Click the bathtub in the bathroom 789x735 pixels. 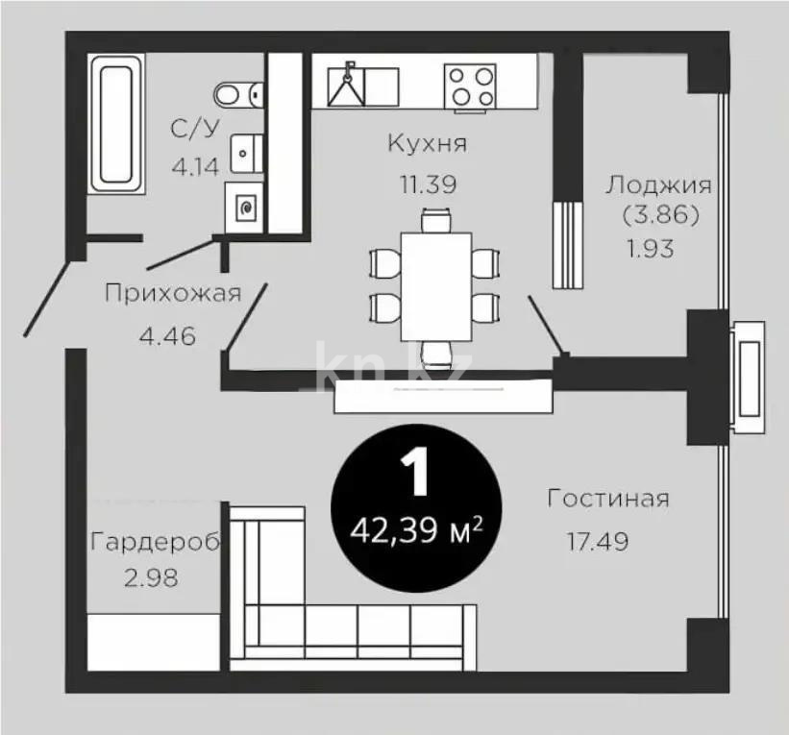pos(114,123)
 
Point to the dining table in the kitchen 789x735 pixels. pos(435,285)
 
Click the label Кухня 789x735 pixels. pos(427,144)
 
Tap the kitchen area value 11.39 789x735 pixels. pos(427,184)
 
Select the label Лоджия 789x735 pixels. pos(658,184)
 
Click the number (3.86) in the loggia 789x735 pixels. pos(659,214)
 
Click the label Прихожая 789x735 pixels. pos(172,294)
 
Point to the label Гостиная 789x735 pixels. pos(607,499)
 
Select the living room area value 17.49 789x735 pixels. pos(598,542)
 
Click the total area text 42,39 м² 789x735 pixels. pos(415,529)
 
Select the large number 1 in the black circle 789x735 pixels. pos(415,475)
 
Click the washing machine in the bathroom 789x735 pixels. pos(244,206)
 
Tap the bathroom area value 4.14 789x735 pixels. pos(196,166)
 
